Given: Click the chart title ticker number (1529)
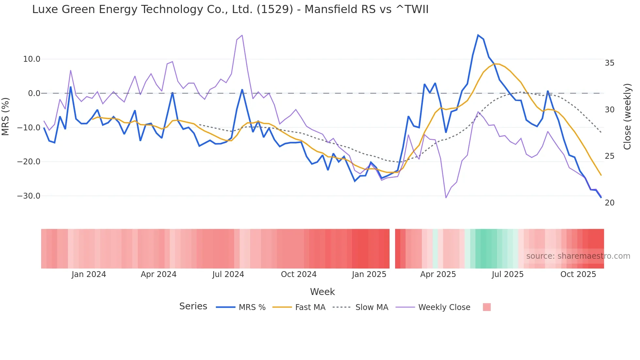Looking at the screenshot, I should [275, 9].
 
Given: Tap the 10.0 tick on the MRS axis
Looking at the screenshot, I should [32, 59].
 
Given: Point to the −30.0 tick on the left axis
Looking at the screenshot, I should [29, 196].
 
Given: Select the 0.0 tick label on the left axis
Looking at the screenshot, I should [34, 93].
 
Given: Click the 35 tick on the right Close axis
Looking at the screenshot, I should [609, 63].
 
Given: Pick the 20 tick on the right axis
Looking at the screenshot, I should [609, 203].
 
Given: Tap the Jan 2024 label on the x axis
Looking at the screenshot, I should [89, 274].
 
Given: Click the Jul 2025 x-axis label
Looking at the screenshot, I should [507, 274].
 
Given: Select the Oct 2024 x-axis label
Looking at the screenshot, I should [299, 274].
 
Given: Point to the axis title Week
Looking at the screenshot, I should [322, 292].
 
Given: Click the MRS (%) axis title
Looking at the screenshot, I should [6, 116].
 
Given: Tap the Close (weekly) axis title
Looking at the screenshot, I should [627, 117].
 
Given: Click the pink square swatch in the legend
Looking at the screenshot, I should [487, 307].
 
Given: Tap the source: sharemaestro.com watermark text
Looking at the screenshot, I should [578, 256].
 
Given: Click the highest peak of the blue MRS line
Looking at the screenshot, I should [478, 35].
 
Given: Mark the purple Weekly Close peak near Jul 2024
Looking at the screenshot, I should [242, 35].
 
